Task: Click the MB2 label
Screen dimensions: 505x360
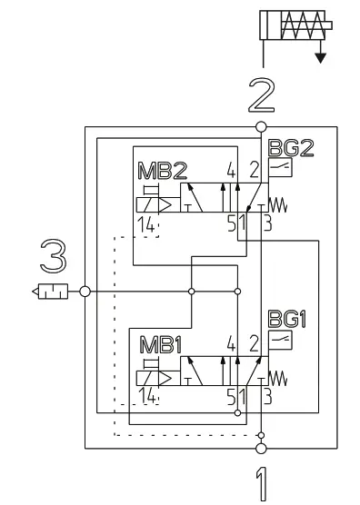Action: pos(155,171)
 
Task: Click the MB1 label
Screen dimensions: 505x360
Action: pos(155,345)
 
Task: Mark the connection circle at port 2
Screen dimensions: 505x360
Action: pos(261,126)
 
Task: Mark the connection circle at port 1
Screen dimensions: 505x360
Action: pos(261,448)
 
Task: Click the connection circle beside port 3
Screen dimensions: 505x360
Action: pos(85,292)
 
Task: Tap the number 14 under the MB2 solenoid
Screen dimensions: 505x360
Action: pos(145,223)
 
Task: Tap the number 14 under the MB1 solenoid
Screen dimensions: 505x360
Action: pos(145,398)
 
